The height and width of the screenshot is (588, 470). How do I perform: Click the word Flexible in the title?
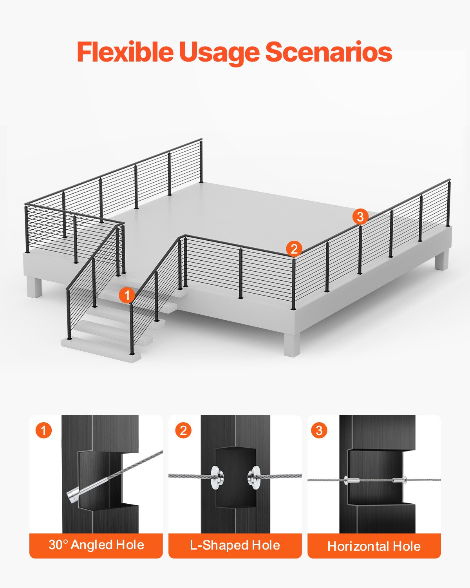125,52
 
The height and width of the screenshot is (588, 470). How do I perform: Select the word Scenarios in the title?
329,52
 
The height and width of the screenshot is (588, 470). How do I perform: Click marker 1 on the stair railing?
127,295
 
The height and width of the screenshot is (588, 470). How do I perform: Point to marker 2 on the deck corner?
294,249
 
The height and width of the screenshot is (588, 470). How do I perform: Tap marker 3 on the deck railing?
360,216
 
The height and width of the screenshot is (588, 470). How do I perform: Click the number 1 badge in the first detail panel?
43,430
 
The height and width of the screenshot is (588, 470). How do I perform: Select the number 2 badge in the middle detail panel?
183,430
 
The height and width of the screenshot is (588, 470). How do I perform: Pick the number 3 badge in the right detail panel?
319,430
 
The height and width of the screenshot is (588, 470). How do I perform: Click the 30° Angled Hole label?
96,545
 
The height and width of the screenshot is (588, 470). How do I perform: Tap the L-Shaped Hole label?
235,545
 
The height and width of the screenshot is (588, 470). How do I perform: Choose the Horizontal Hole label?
374,546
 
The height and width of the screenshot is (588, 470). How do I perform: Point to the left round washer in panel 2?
216,477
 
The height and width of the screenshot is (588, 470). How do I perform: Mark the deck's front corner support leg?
291,345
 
